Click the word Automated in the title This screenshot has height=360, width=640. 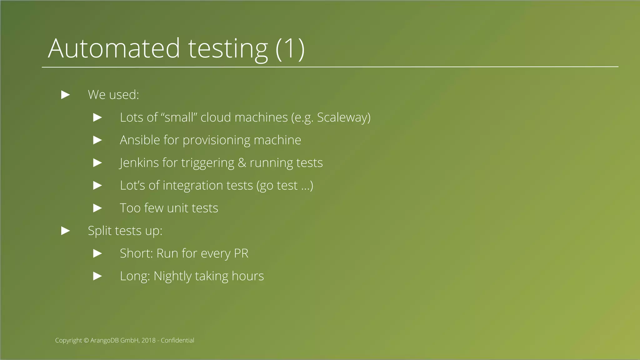[114, 48]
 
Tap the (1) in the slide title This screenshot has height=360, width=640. [290, 48]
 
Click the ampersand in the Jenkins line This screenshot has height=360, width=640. [242, 163]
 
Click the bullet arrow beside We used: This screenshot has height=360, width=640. [65, 95]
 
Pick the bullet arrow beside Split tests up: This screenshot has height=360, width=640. [65, 231]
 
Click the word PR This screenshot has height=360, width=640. [241, 253]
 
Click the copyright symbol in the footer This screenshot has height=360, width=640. [86, 340]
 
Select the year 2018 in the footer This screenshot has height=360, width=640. [148, 340]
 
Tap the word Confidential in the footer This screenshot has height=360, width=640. [177, 340]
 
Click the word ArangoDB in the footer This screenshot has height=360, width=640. [105, 340]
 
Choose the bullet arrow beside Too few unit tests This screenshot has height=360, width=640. [97, 208]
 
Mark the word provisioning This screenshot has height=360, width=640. [216, 140]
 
